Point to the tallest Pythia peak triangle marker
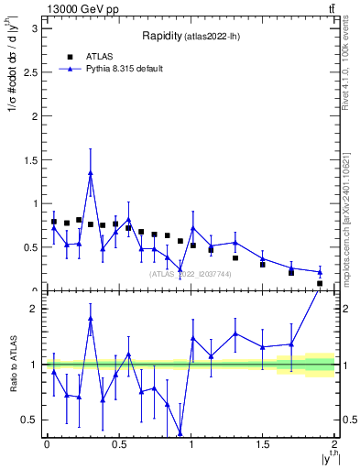(x=91, y=172)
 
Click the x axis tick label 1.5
(x=263, y=445)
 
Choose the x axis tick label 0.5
(x=118, y=445)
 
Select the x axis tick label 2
(x=334, y=445)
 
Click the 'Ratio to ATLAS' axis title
(x=13, y=364)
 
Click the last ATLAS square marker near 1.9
(x=320, y=283)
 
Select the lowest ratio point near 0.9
(x=180, y=435)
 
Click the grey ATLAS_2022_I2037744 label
(x=191, y=274)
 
